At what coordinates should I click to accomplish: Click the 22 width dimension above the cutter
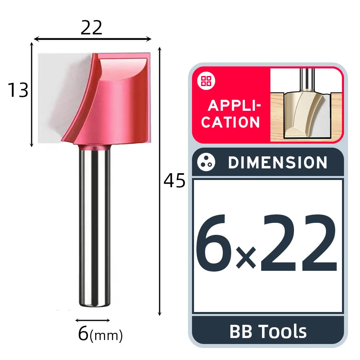pos(91,28)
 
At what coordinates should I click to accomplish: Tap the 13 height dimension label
pos(18,90)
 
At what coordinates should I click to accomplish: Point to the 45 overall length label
pos(174,181)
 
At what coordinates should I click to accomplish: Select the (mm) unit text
pos(106,336)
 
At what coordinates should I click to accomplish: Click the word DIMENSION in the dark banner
pos(278,162)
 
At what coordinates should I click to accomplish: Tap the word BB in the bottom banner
pos(241,331)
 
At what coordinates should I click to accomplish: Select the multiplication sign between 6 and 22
pos(246,257)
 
